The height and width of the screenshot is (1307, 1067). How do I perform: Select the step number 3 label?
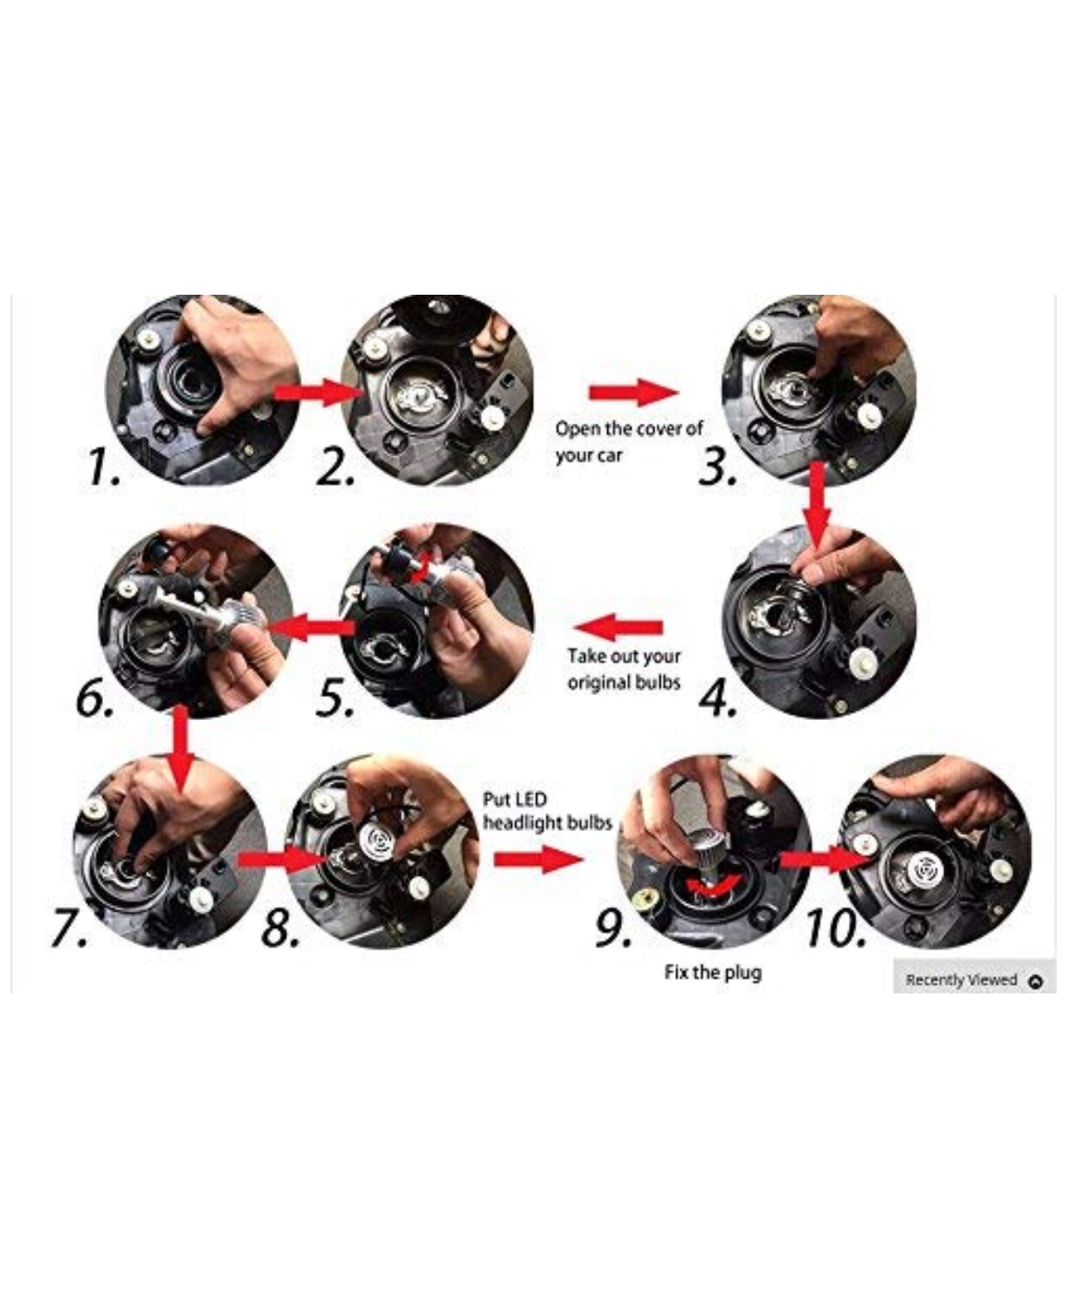pyautogui.click(x=717, y=467)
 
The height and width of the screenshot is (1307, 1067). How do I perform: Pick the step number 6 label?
pyautogui.click(x=95, y=699)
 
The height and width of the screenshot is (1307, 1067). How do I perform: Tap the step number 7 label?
pyautogui.click(x=70, y=929)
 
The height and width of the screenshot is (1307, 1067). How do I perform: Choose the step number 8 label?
pyautogui.click(x=281, y=929)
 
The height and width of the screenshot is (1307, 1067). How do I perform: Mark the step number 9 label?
pyautogui.click(x=614, y=929)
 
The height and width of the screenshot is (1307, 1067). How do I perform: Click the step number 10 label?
pyautogui.click(x=836, y=929)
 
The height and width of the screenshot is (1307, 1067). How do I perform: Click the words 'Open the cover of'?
pyautogui.click(x=629, y=428)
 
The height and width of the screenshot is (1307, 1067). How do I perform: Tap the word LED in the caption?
pyautogui.click(x=533, y=799)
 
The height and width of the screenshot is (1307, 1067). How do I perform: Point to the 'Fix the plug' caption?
pyautogui.click(x=712, y=972)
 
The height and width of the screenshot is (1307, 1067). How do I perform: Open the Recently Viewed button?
pyautogui.click(x=974, y=980)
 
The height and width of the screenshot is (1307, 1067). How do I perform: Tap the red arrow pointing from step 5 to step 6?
pyautogui.click(x=310, y=628)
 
